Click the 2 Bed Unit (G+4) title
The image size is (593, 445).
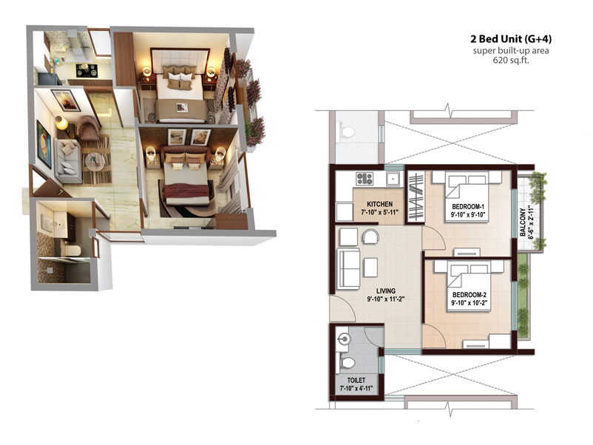510,38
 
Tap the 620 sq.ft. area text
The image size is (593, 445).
510,60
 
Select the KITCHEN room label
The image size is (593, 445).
380,204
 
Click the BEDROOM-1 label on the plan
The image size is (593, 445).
468,207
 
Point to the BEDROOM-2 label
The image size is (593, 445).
469,295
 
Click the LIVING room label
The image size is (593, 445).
386,291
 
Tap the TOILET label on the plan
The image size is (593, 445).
356,380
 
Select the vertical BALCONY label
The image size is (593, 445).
523,222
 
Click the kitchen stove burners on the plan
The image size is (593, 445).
365,178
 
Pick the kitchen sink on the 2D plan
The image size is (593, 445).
393,178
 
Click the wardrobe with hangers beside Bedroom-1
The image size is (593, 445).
415,197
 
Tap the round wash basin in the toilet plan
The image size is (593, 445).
343,339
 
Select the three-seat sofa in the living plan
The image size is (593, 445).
348,269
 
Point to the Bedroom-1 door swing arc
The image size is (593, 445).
434,237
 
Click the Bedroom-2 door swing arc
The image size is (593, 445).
434,336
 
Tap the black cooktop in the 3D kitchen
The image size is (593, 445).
87,71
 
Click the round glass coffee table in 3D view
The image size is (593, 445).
95,163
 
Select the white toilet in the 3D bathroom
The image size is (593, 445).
72,250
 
